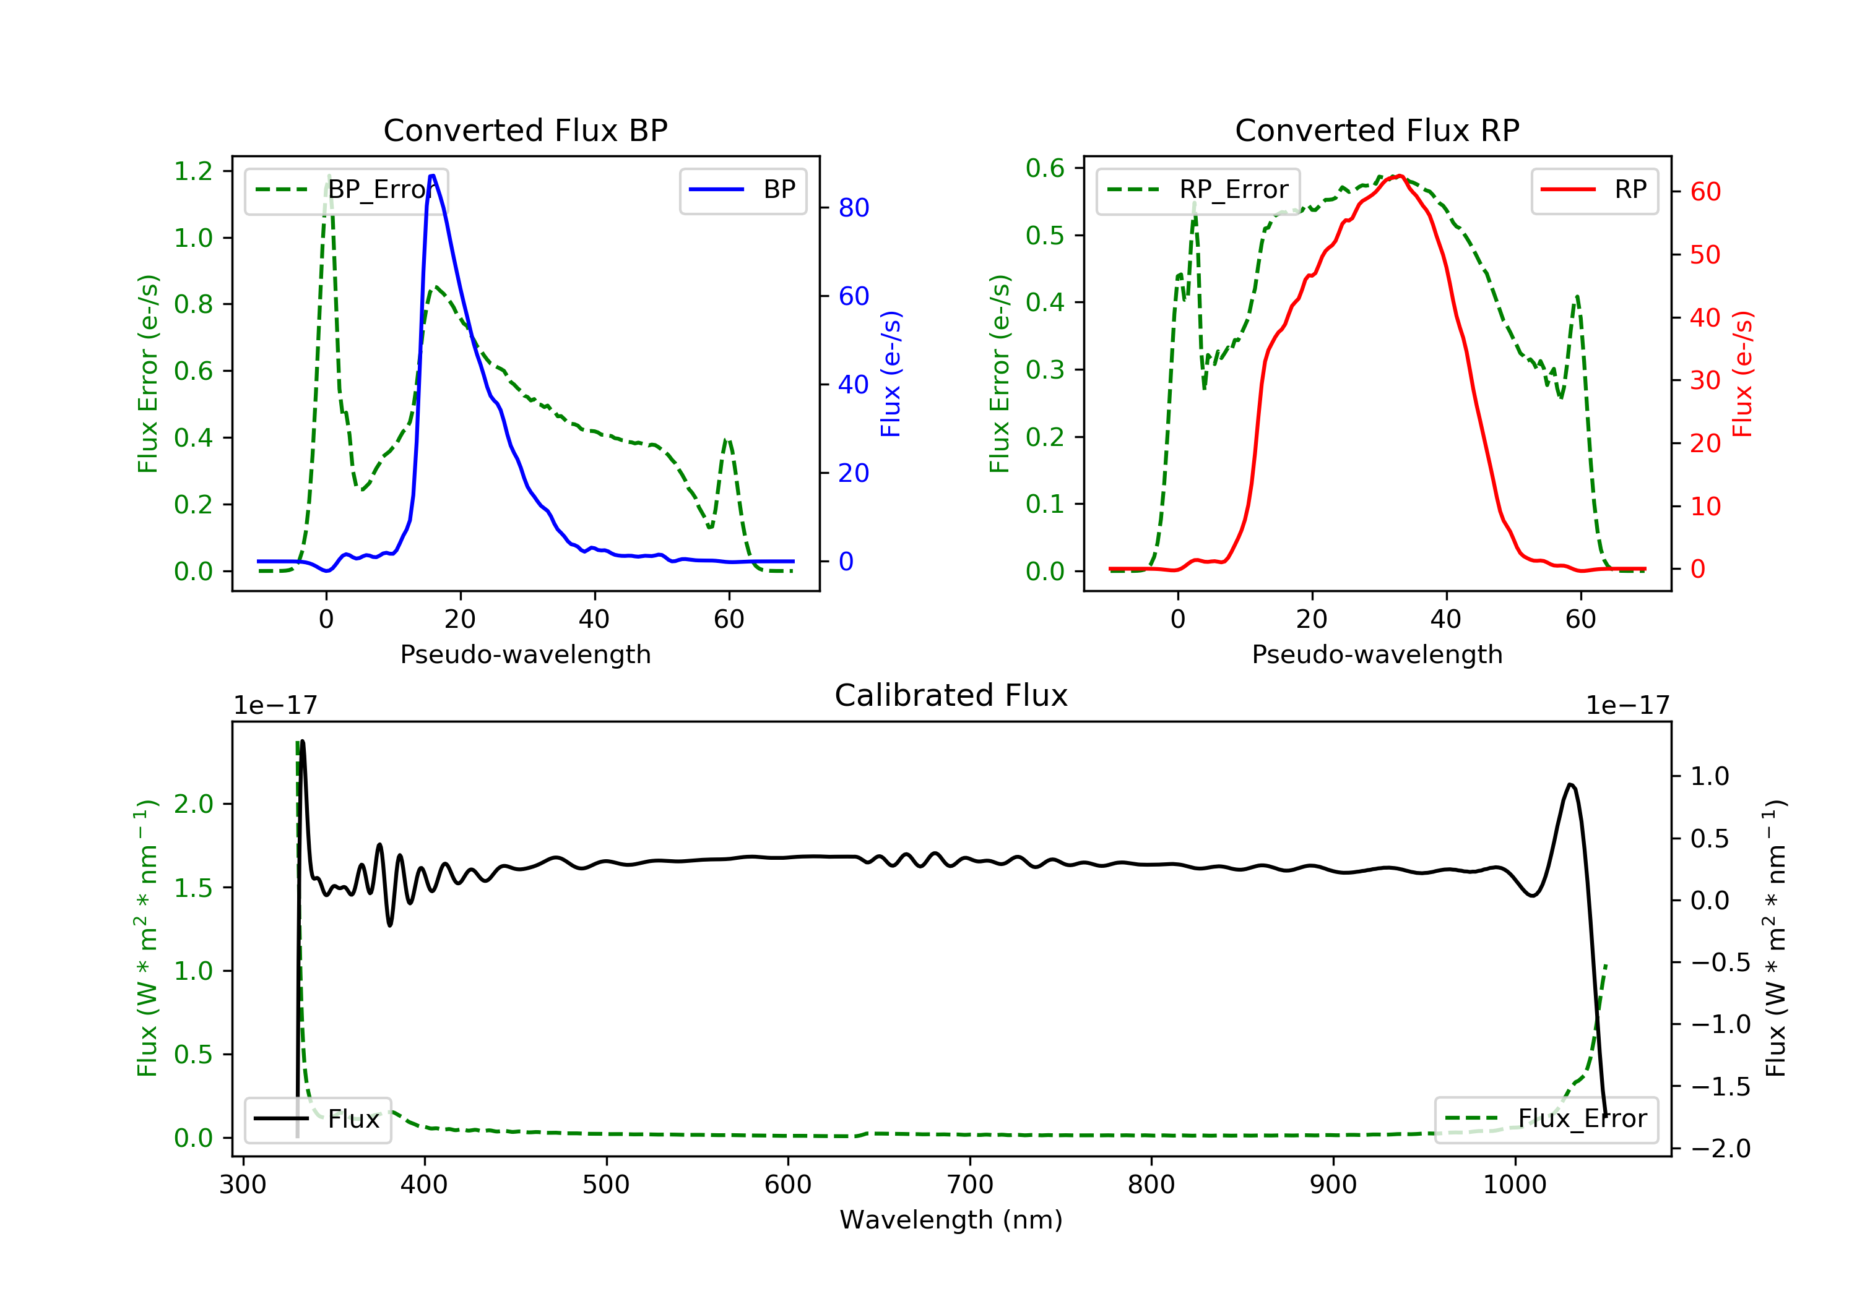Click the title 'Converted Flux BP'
click(x=525, y=130)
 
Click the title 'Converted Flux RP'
click(x=1377, y=130)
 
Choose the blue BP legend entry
click(x=742, y=190)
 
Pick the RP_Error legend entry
click(x=1198, y=190)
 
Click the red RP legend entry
click(x=1594, y=190)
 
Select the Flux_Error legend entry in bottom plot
click(x=1546, y=1119)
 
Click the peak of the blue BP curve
click(x=433, y=176)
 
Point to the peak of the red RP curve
click(x=1399, y=176)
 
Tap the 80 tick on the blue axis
click(x=853, y=208)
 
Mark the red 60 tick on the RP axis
click(x=1705, y=192)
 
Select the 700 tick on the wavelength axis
click(x=970, y=1185)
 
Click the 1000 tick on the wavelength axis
click(x=1514, y=1185)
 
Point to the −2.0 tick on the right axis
click(x=1720, y=1149)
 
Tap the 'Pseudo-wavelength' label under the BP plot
click(x=525, y=654)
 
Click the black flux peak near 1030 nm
click(x=1570, y=785)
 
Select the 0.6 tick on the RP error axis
click(x=1045, y=168)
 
